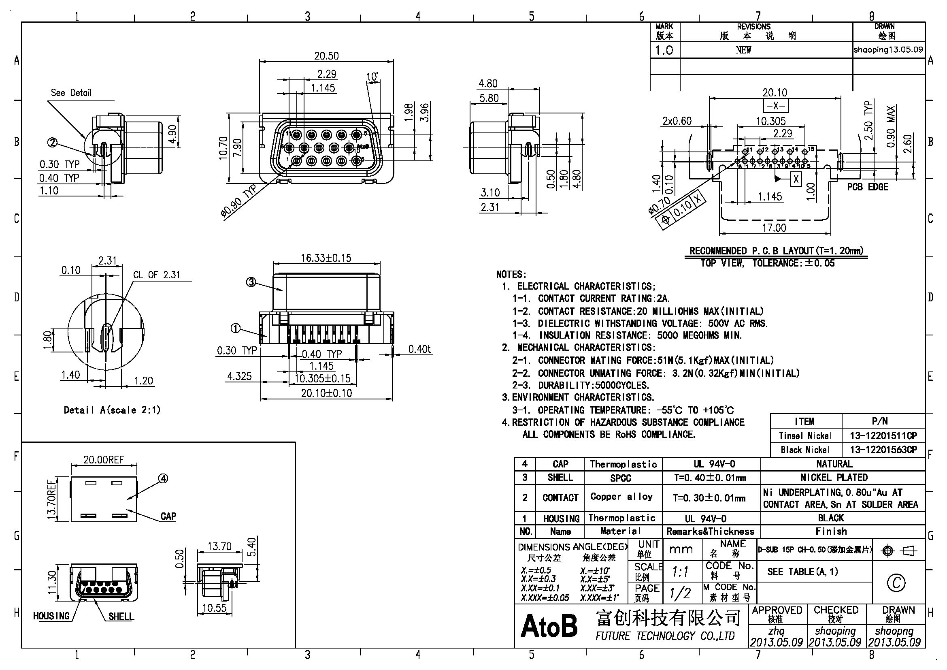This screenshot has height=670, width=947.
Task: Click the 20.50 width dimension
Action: [326, 55]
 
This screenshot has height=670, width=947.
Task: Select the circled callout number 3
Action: [251, 283]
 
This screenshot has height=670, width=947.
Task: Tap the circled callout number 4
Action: [163, 478]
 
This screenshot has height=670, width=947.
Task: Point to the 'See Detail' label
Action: [71, 93]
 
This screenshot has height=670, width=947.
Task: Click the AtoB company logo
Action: [549, 626]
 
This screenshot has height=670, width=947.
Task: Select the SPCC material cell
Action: [620, 478]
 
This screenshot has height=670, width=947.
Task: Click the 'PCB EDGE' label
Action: [867, 187]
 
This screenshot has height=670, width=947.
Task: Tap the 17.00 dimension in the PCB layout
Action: [774, 228]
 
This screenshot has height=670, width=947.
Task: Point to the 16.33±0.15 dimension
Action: [326, 258]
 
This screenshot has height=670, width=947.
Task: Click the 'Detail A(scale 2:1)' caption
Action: [112, 410]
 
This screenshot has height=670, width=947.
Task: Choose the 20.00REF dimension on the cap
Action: [104, 460]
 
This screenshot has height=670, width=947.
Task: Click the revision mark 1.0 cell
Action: [664, 50]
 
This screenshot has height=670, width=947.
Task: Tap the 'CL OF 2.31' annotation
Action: [157, 275]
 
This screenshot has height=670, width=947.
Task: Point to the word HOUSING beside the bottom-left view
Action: [51, 616]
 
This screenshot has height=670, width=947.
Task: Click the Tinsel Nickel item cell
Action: [805, 436]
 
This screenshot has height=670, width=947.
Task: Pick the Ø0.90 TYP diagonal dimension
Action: [238, 201]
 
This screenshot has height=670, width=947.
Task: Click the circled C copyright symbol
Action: [896, 583]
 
